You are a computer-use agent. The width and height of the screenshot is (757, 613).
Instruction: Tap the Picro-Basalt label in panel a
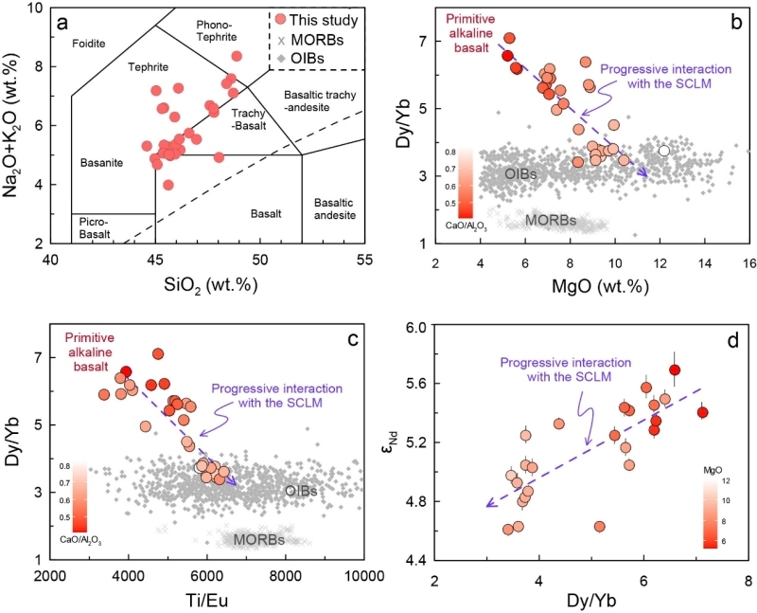pos(99,228)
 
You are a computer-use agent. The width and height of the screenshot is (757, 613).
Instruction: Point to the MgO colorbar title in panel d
pos(716,466)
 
